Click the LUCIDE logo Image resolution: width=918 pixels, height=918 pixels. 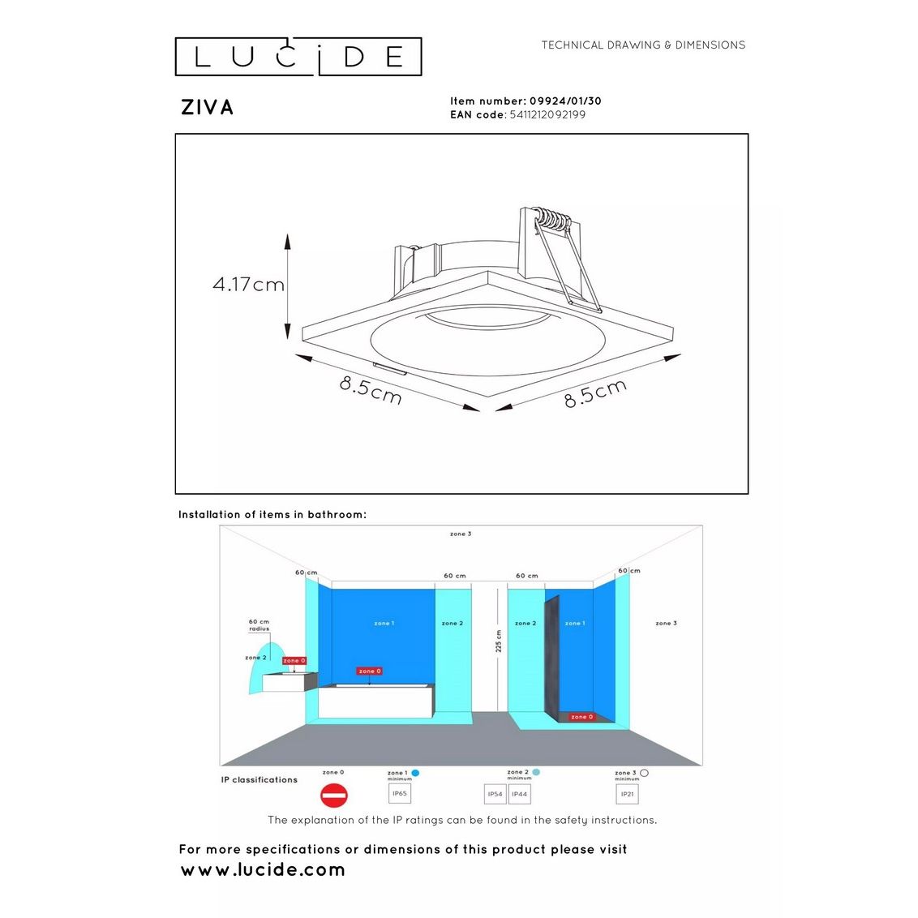pos(298,57)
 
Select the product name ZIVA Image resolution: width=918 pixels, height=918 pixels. pos(208,108)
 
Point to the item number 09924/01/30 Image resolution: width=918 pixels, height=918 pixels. pos(565,101)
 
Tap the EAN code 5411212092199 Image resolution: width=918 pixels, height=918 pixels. pos(547,115)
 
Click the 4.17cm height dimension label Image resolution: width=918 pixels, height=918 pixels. pos(248,285)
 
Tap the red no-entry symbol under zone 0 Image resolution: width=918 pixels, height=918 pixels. pos(333,796)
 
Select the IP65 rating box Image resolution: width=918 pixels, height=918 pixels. pos(400,794)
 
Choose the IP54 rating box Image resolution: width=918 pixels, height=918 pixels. pos(495,794)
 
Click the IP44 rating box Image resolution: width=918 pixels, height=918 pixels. pos(520,794)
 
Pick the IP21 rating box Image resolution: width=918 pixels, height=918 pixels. pos(627,794)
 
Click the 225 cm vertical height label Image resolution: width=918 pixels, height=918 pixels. pos(499,642)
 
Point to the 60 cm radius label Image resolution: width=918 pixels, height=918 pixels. pos(259,625)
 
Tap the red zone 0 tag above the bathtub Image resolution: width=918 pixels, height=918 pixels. pos(369,671)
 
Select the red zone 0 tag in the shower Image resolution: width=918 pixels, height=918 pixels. pos(581,717)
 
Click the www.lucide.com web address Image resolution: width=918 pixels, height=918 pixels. pos(263,870)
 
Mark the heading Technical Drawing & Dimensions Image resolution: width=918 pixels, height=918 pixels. pos(643,45)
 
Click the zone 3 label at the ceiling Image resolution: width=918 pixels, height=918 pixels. pos(461,534)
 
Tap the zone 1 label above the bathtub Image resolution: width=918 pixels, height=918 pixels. pos(384,624)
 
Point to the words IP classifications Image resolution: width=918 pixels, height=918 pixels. pos(260,780)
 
